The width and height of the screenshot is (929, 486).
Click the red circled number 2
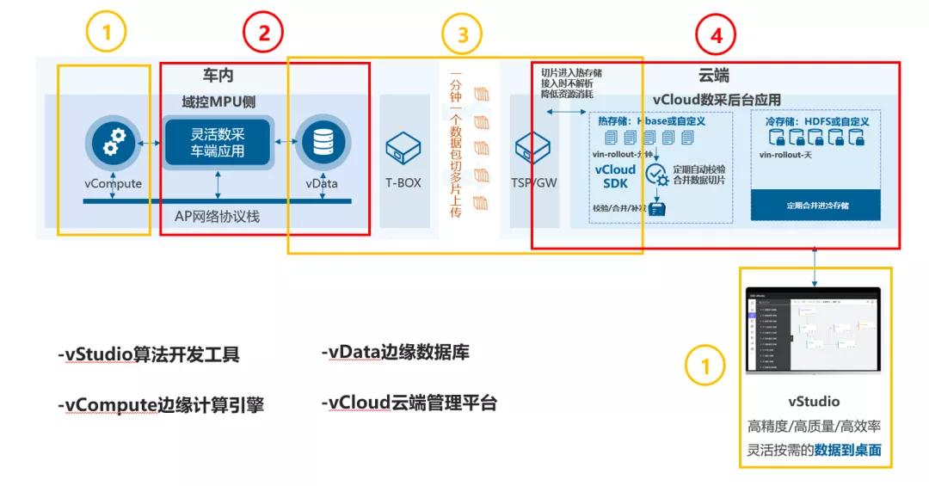pos(264,34)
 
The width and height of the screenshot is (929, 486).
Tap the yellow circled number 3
pos(462,34)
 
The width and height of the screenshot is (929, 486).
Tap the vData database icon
pos(321,145)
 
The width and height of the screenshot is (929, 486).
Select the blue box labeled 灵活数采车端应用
pos(218,143)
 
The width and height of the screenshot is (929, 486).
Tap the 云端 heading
pos(715,77)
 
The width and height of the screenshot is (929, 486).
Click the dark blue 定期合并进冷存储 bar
pos(815,206)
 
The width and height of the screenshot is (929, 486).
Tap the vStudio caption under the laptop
pos(813,401)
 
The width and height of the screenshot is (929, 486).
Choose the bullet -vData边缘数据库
pos(395,353)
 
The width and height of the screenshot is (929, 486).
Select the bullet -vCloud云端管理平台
pos(409,403)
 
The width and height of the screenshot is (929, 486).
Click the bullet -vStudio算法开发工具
pos(148,354)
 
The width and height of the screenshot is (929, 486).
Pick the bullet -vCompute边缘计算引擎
pos(160,405)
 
